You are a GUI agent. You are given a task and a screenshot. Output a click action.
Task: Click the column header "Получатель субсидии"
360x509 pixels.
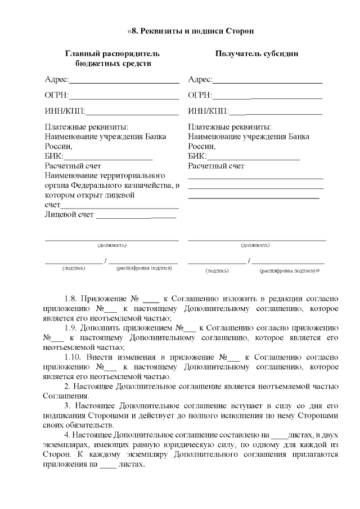(256, 54)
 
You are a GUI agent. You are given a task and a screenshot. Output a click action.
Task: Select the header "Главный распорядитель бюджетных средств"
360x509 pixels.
(112, 59)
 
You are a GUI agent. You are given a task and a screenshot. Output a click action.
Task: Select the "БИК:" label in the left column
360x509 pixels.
(54, 156)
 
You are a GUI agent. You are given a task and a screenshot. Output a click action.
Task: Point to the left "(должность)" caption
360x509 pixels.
(112, 245)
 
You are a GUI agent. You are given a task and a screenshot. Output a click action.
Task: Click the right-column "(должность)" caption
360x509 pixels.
(255, 245)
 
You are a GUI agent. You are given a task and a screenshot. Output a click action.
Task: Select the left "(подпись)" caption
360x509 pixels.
(73, 268)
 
